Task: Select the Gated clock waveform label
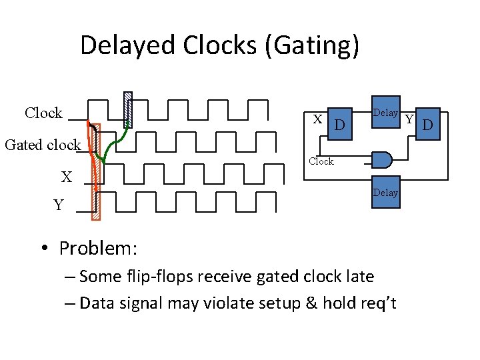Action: [43, 145]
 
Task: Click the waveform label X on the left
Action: [67, 177]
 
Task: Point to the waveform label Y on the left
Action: [59, 205]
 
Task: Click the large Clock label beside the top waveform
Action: [43, 113]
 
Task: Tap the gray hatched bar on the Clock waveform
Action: [129, 109]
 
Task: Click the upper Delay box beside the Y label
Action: [385, 113]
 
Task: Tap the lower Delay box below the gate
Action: [385, 193]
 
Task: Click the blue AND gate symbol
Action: [381, 159]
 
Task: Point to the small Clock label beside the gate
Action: [321, 161]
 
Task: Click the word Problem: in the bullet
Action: [98, 249]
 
